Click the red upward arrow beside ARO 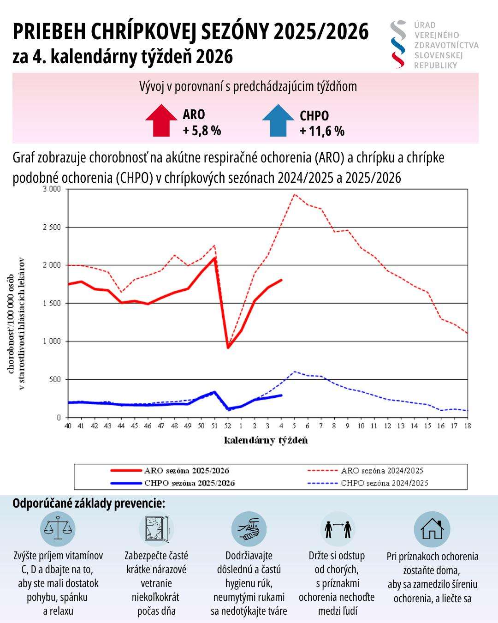[161, 120]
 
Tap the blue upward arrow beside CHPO [278, 121]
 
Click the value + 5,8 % [202, 131]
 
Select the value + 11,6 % [322, 131]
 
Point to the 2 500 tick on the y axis [52, 227]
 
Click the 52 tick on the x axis [228, 425]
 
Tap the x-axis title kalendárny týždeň [266, 440]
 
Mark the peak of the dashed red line [295, 194]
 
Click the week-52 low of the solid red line [228, 347]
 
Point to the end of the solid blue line [281, 395]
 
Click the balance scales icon [58, 529]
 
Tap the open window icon [156, 529]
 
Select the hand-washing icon [249, 529]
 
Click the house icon [432, 529]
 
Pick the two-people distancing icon [338, 529]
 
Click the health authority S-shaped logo [398, 44]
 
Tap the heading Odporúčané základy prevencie [89, 503]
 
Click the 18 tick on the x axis [468, 425]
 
